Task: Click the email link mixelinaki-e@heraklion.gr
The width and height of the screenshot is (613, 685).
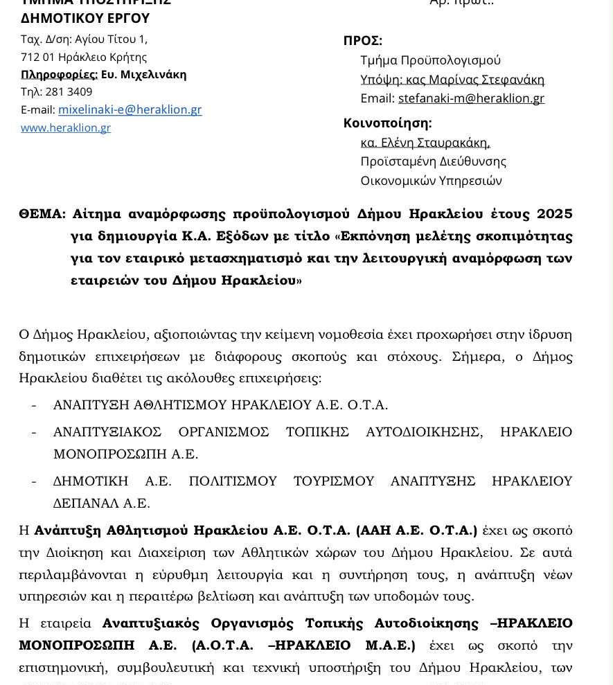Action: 130,109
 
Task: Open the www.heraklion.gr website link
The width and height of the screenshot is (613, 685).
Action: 66,127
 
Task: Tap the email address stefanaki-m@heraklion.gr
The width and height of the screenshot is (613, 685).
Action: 471,98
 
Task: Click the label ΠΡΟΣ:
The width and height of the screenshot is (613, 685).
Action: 362,41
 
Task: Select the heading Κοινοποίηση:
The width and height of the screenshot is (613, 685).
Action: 387,123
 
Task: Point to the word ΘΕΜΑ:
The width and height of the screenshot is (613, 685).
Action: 42,213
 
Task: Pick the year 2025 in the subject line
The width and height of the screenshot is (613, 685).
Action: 554,213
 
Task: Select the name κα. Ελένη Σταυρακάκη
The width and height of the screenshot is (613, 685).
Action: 425,143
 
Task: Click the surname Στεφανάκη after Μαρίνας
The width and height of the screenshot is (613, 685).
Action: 513,80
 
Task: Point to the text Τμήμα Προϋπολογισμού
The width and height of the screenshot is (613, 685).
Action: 430,60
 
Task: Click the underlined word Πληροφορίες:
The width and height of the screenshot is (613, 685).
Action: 59,74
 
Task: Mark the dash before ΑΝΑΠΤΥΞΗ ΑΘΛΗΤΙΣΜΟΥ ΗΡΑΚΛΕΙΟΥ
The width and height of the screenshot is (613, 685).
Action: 34,404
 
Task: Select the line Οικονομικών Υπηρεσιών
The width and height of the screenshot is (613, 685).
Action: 431,181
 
